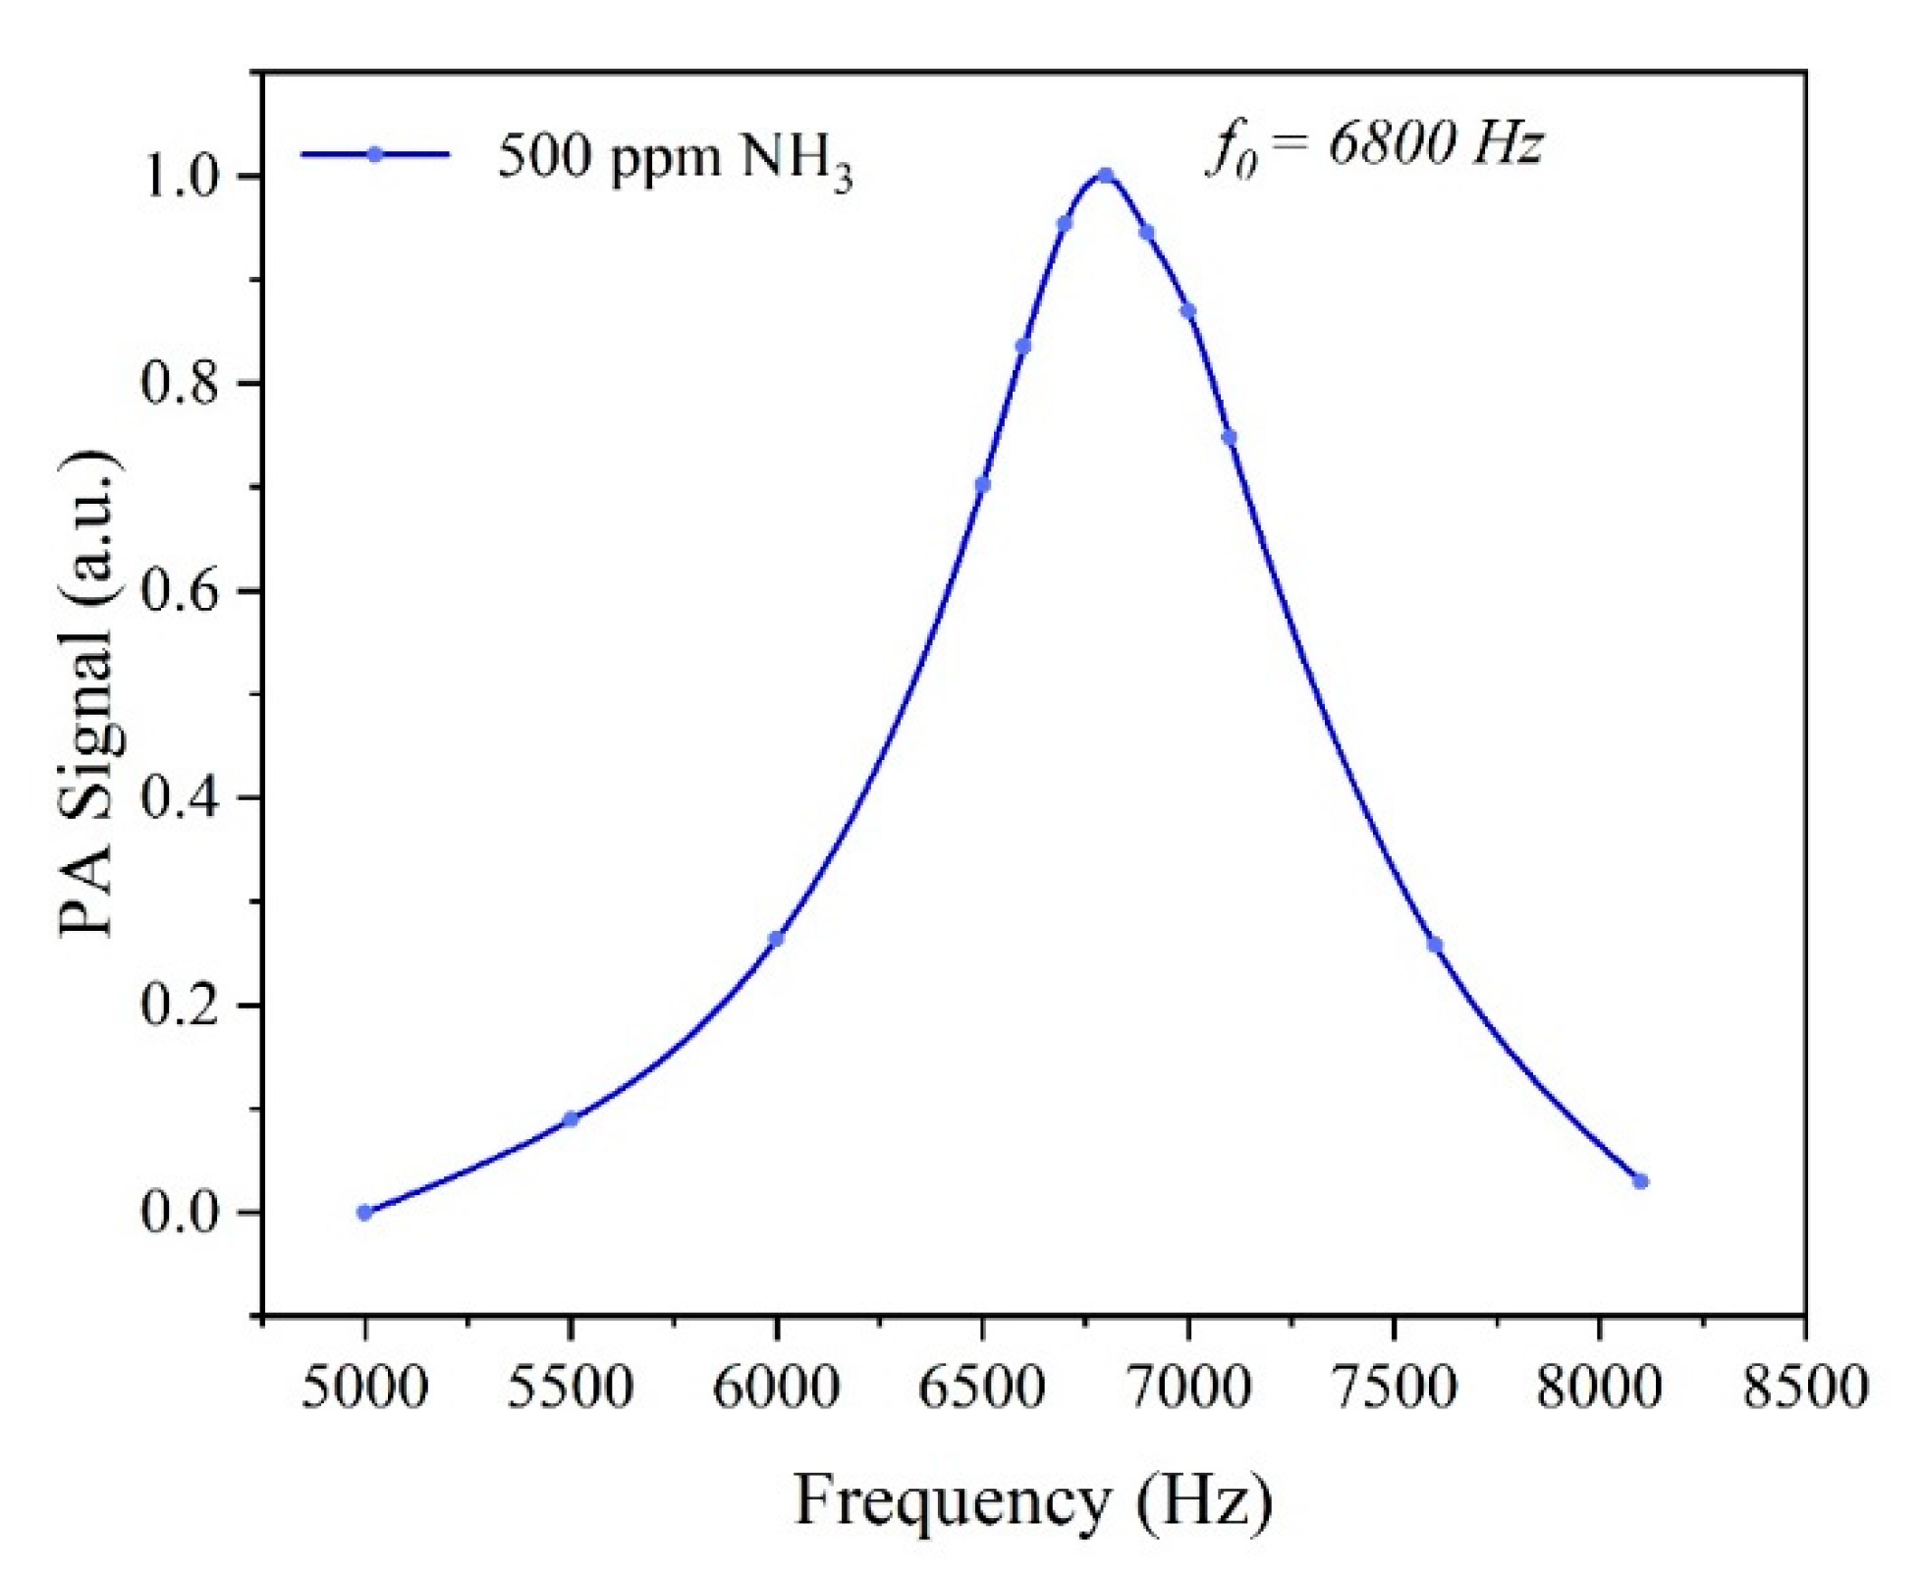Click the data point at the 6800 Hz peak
click(x=1105, y=176)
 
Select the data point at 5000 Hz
click(x=364, y=1213)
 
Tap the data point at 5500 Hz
click(x=571, y=1119)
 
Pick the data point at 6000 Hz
click(x=776, y=939)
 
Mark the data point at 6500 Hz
click(x=982, y=484)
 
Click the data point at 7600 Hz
click(x=1435, y=945)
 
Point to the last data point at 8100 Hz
click(x=1640, y=1181)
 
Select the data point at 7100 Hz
click(x=1229, y=437)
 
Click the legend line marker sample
click(x=374, y=154)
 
